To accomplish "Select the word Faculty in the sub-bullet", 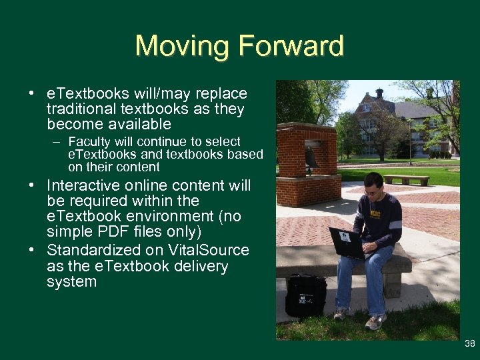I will pos(88,142).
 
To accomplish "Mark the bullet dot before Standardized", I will pos(33,251).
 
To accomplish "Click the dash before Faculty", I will pos(59,142).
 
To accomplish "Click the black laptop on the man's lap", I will pos(346,242).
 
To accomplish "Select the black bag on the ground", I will pos(305,294).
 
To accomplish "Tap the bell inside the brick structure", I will pos(311,157).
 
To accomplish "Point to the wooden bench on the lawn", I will pos(406,179).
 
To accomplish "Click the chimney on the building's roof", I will pos(379,93).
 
